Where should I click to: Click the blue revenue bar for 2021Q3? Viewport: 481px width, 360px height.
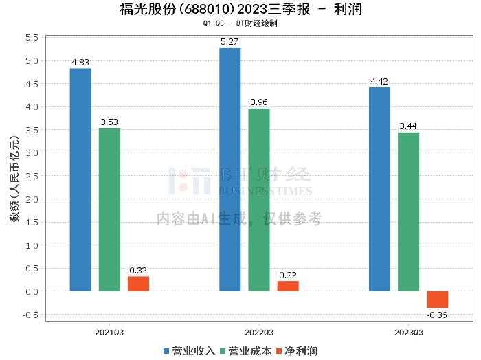coord(80,179)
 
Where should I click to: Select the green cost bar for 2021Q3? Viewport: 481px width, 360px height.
coord(109,210)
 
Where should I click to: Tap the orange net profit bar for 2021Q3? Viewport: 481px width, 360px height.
coord(138,284)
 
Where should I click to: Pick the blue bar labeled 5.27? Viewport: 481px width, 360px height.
coord(230,170)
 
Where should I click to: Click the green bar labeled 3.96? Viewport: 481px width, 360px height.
coord(259,200)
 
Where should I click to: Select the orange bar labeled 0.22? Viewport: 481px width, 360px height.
coord(288,286)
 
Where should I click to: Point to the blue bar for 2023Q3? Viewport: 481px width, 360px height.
coord(379,189)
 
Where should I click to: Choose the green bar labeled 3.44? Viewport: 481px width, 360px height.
coord(408,212)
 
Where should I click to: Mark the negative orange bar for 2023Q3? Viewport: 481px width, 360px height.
coord(437,300)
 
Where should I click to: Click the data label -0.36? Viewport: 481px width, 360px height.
coord(437,315)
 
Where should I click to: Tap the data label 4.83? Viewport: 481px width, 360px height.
coord(80,63)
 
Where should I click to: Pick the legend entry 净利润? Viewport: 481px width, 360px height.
coord(296,351)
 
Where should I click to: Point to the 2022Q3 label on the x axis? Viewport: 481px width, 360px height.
coord(259,332)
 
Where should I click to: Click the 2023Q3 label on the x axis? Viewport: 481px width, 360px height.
coord(408,332)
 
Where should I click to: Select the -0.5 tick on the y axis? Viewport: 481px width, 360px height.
coord(31,315)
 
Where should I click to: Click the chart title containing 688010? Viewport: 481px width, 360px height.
coord(240,10)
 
